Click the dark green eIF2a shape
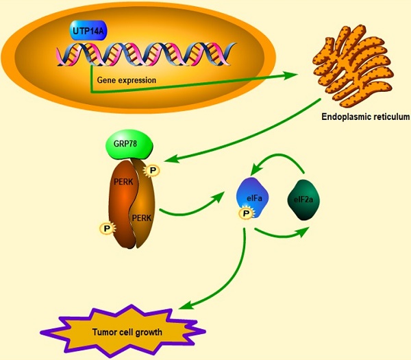(305, 201)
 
